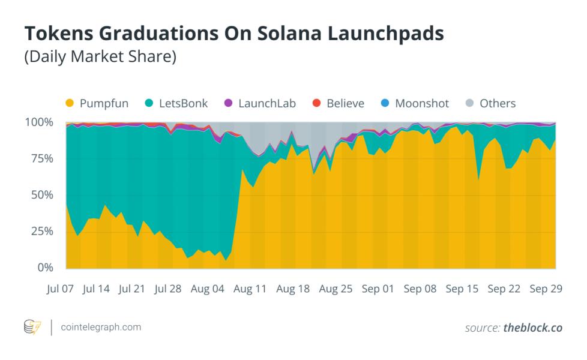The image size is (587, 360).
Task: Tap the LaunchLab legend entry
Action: click(266, 103)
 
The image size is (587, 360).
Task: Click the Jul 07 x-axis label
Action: click(60, 289)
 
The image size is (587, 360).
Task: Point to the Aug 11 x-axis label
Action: click(250, 289)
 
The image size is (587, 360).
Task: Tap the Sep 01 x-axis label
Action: click(378, 289)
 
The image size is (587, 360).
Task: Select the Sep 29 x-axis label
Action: click(545, 289)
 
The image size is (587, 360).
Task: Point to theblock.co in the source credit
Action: click(532, 328)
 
